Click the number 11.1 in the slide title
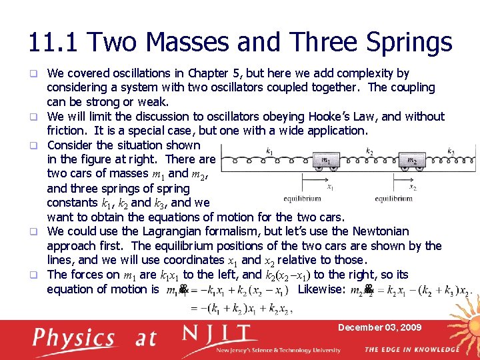coord(54,43)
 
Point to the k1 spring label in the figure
coord(269,152)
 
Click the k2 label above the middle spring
coord(370,151)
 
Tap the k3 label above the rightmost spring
coord(451,151)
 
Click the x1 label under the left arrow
coord(331,187)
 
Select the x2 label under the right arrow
coord(413,187)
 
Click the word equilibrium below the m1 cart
coord(302,199)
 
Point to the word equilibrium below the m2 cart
coord(393,199)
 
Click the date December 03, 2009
coord(379,327)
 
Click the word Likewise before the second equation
coord(321,289)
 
